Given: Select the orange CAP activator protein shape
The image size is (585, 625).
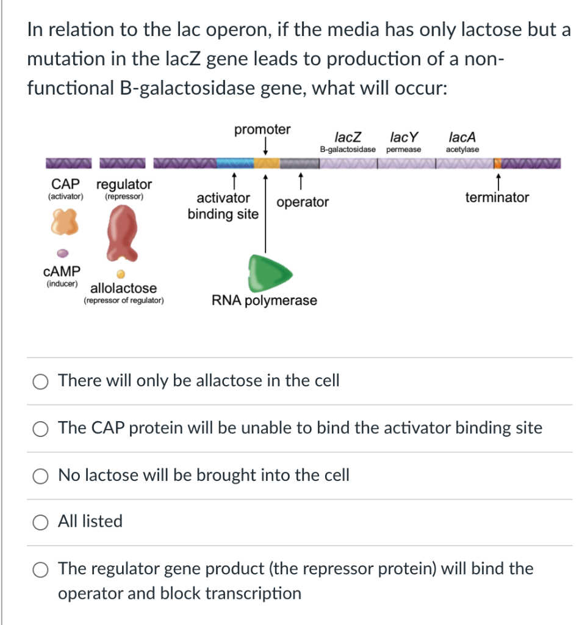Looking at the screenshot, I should tap(65, 221).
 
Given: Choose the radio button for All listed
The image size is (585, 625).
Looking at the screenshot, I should tap(41, 522).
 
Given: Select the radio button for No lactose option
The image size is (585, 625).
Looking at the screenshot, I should tap(41, 475).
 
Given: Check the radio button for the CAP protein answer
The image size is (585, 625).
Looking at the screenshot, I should tap(41, 428).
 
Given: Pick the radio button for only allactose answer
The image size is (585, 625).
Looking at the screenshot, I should tap(41, 381).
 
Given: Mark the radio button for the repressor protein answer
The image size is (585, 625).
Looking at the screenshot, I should tap(41, 569).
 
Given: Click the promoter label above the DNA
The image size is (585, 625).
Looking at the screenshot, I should tap(262, 129).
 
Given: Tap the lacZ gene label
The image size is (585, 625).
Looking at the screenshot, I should tap(348, 137).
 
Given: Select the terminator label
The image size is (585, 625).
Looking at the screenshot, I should tap(497, 197).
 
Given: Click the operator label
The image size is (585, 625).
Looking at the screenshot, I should tap(303, 202).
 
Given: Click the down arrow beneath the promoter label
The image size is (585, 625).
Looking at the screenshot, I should tap(265, 146).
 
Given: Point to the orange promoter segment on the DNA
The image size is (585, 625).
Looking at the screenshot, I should tap(266, 163).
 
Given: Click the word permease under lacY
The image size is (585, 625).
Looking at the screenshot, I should tap(403, 150).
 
